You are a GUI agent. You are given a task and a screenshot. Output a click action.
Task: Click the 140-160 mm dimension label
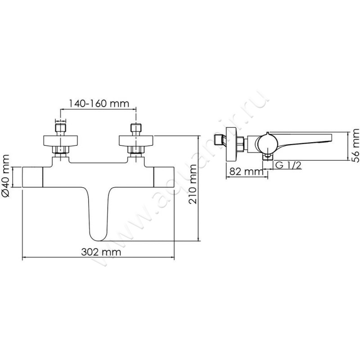point(99,103)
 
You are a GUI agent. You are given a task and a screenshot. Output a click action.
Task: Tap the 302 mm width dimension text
point(101,252)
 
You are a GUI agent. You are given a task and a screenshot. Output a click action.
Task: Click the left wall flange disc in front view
point(61,140)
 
